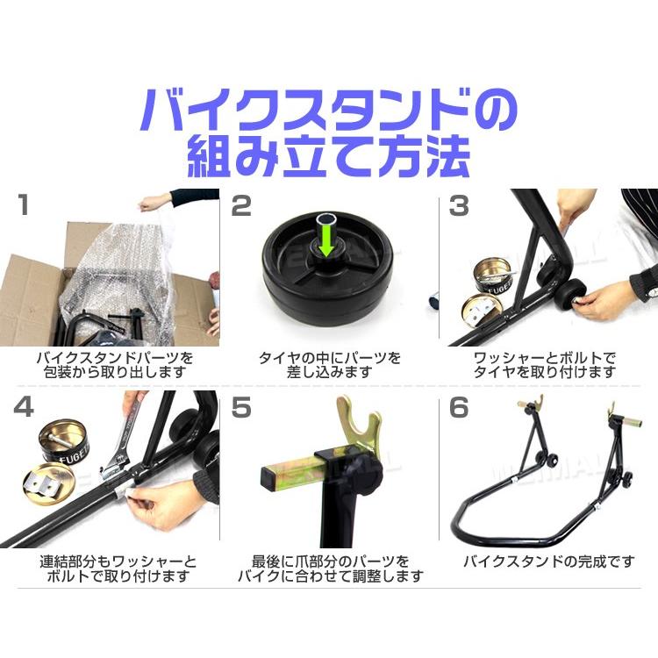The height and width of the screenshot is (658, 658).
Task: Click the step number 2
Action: click(x=240, y=207)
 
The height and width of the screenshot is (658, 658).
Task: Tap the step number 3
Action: click(x=457, y=207)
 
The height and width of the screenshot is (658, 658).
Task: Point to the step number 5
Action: click(x=240, y=410)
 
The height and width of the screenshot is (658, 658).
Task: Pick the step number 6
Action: click(x=457, y=410)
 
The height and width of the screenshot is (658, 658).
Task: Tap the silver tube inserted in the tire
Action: click(x=327, y=221)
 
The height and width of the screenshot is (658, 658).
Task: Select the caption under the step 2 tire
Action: click(x=329, y=364)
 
